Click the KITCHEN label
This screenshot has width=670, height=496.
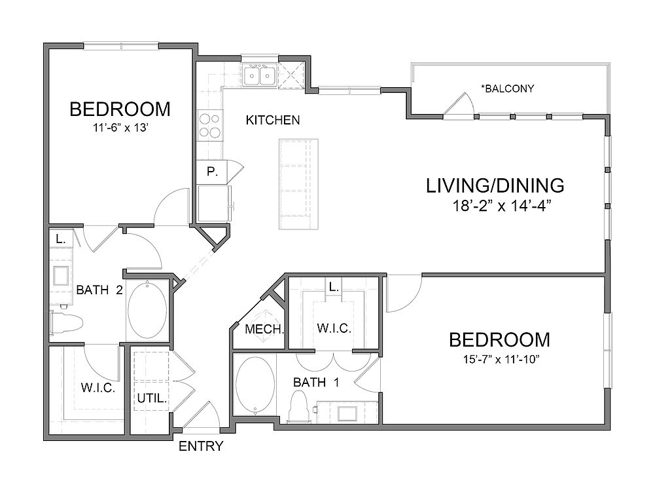(x=273, y=120)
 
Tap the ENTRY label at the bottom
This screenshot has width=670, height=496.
(x=201, y=447)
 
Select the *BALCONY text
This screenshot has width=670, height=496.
(x=507, y=88)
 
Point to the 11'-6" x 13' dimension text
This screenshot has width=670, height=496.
(x=122, y=128)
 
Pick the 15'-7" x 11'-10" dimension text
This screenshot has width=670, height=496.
(x=499, y=359)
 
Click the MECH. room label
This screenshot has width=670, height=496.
(x=264, y=329)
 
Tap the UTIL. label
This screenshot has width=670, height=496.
(x=151, y=397)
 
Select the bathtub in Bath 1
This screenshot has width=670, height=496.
(x=255, y=385)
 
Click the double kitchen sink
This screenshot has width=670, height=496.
(x=259, y=76)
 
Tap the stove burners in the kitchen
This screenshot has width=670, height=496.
(x=209, y=126)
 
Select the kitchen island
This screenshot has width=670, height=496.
(x=299, y=183)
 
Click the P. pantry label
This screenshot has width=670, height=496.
(x=211, y=172)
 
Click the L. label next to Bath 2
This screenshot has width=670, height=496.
(x=60, y=240)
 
